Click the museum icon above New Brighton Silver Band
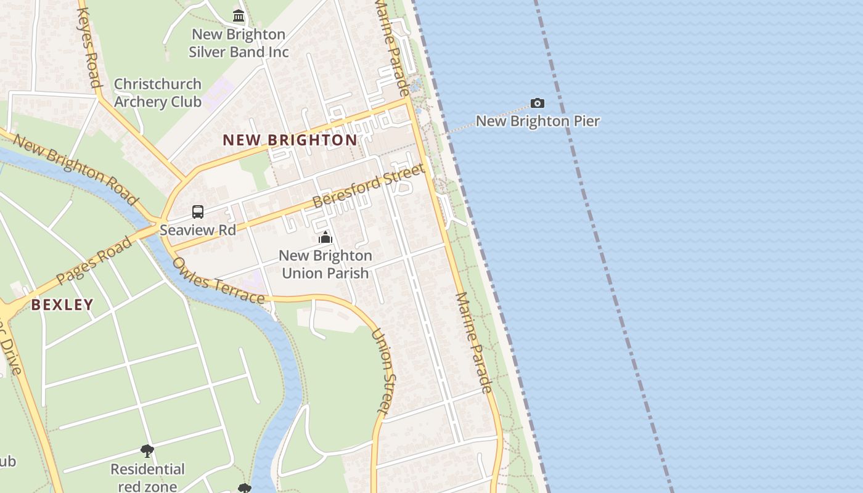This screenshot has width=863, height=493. coord(239,15)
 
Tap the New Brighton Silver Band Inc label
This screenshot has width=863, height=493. coord(239,43)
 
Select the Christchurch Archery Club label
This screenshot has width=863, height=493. coord(158,93)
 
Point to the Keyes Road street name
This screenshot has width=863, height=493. coord(88,47)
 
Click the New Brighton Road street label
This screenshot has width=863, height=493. coord(75,168)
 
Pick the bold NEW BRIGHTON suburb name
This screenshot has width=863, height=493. coord(290,140)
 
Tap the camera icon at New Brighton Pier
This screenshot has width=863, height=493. coord(538,103)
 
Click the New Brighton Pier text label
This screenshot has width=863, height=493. coord(538,121)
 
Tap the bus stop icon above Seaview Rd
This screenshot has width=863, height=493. coord(198,212)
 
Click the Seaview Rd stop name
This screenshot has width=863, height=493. coord(198,230)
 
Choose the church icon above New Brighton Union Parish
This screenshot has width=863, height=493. coord(325,237)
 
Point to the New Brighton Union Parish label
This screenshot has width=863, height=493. coord(325,264)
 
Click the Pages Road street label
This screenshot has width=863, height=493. coord(94,261)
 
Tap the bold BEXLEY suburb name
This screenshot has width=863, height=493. coord(62,304)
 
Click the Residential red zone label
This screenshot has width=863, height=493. coord(147,478)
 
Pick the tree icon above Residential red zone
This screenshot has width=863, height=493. coord(147,450)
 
